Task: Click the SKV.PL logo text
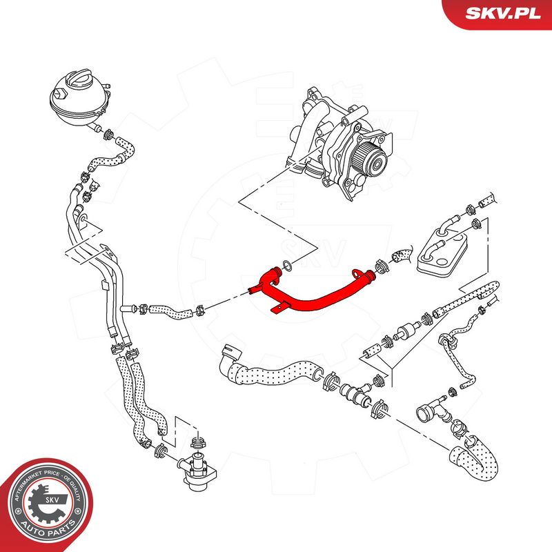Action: click(503, 13)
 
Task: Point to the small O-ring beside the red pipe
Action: click(287, 266)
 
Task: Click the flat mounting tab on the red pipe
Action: click(278, 308)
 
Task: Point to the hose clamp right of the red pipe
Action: click(382, 267)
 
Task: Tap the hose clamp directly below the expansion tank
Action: click(109, 134)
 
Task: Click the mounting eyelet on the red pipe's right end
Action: click(357, 273)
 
